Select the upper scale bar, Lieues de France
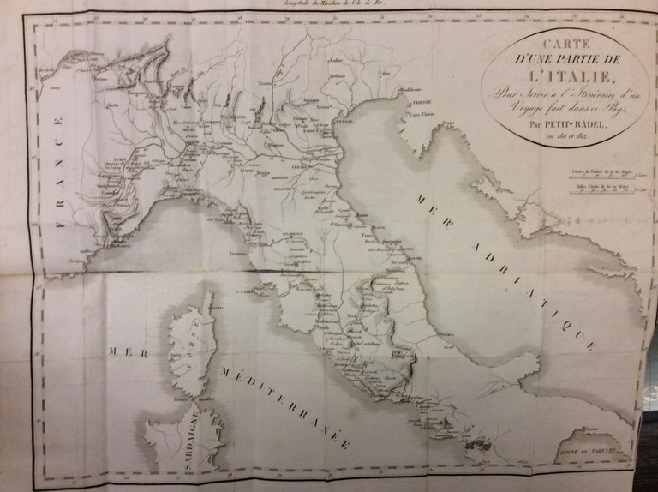(x=599, y=177)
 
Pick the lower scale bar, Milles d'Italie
(x=599, y=191)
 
